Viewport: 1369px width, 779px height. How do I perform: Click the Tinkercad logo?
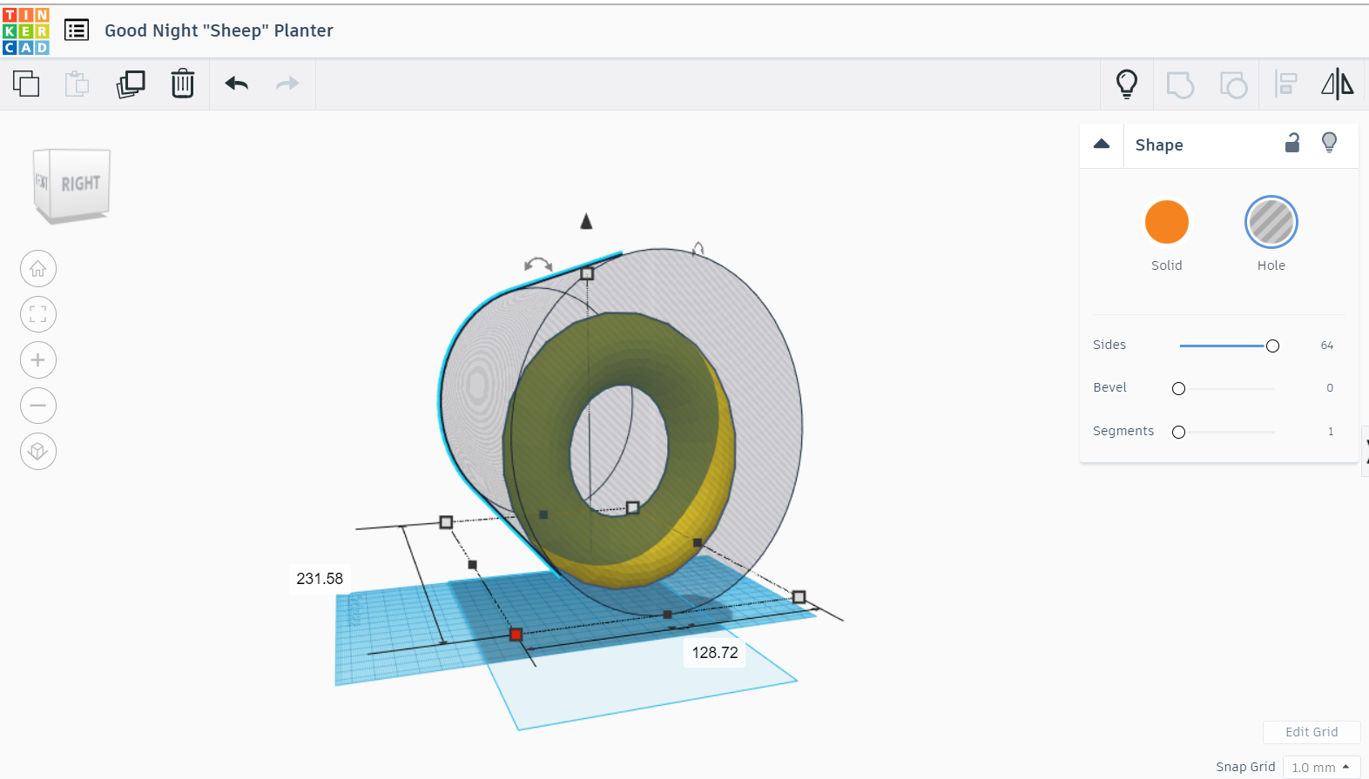coord(25,31)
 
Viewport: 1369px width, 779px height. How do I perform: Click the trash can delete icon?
coord(182,83)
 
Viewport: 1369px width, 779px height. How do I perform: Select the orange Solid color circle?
coord(1166,222)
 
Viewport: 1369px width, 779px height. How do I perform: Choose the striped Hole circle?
coord(1271,222)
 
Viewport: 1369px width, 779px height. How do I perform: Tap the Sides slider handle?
coord(1272,346)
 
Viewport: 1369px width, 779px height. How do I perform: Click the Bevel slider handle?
coord(1178,388)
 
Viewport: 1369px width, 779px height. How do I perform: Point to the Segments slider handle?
coord(1178,432)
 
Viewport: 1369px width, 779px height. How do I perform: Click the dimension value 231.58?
coord(320,579)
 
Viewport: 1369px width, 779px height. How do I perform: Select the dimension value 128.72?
coord(714,653)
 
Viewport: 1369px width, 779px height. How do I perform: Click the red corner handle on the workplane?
coord(516,635)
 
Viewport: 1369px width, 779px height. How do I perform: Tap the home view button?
coord(38,269)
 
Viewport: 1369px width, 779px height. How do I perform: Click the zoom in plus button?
coord(38,359)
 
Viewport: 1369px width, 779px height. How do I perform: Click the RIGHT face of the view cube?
coord(79,183)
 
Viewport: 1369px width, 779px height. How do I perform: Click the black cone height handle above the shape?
coord(586,221)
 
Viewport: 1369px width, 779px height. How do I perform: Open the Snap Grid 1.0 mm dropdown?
coord(1321,768)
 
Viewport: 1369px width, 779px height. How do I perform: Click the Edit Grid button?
coord(1312,732)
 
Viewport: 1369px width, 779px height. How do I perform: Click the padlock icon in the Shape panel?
coord(1292,143)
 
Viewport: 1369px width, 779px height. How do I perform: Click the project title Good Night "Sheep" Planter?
coord(219,30)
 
